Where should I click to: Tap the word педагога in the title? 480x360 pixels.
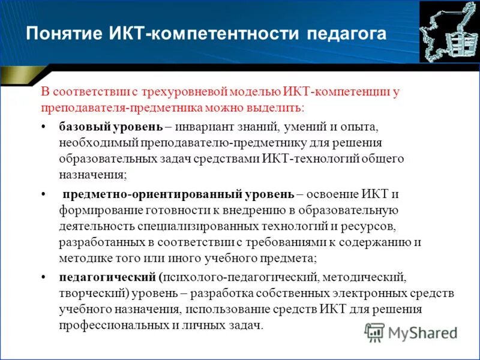click(346, 33)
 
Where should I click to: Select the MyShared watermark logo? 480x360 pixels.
click(411, 332)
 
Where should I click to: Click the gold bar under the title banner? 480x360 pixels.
click(16, 76)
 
